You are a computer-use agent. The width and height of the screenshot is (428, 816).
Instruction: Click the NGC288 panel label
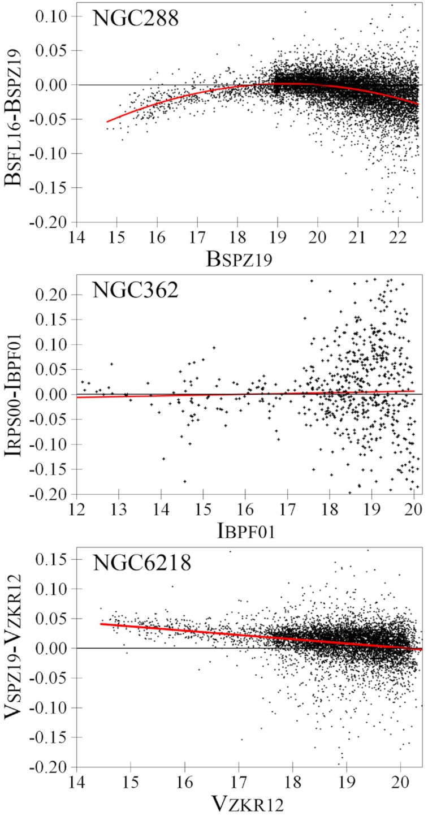136,20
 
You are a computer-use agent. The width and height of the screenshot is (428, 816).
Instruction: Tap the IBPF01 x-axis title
246,531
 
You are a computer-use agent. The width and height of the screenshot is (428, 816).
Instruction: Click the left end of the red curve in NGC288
107,122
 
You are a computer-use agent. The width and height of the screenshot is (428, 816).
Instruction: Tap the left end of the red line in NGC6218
101,624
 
